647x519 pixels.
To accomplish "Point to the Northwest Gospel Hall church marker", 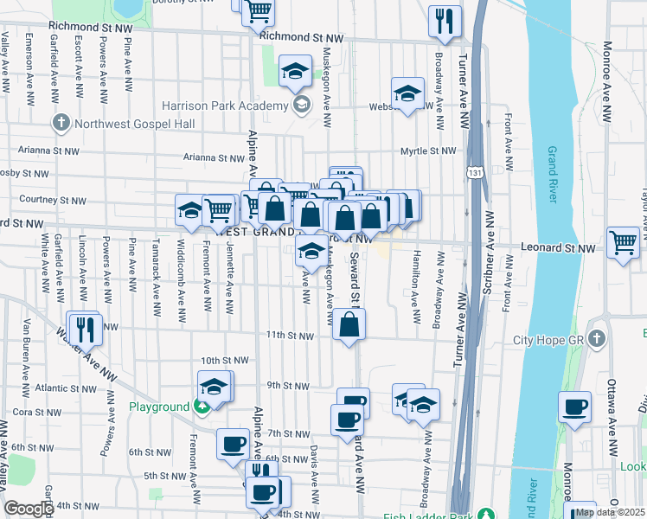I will pyautogui.click(x=61, y=122).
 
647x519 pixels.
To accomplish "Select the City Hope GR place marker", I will pyautogui.click(x=596, y=339).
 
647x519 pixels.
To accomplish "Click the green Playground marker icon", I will pyautogui.click(x=202, y=407).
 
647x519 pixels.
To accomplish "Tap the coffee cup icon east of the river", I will pyautogui.click(x=574, y=406).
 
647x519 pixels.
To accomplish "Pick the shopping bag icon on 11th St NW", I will pyautogui.click(x=349, y=325).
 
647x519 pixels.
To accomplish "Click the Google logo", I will pyautogui.click(x=28, y=509).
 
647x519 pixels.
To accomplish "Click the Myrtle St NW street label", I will pyautogui.click(x=427, y=151).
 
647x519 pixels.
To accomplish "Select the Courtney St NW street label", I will pyautogui.click(x=53, y=200).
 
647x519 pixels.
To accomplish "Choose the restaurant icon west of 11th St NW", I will pyautogui.click(x=85, y=327).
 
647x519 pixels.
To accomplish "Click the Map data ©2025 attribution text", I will pyautogui.click(x=610, y=512).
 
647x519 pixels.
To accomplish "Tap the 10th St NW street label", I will pyautogui.click(x=224, y=360).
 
